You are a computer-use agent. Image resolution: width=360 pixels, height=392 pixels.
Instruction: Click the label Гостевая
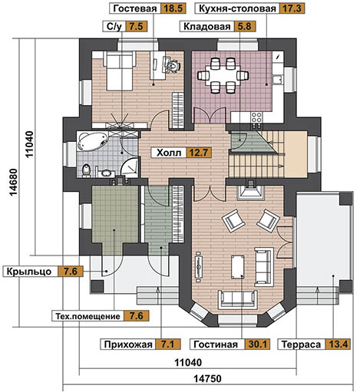134,8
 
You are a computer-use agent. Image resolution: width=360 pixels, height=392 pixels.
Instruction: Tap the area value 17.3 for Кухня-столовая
292,8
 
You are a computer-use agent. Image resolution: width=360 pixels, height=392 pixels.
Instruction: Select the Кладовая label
206,26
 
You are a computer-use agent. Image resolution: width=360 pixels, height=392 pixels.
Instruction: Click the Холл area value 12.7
199,153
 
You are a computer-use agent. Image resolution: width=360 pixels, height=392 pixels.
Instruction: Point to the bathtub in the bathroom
92,141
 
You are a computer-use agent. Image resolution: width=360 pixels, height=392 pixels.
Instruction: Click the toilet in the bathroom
87,170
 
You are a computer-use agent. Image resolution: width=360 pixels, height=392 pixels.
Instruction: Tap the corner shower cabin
130,167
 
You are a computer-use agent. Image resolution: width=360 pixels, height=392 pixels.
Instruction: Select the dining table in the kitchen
223,75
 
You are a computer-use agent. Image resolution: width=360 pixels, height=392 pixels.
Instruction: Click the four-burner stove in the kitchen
256,117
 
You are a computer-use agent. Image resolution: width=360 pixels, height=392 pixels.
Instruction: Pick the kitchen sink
277,79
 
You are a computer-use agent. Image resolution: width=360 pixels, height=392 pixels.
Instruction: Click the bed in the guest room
119,71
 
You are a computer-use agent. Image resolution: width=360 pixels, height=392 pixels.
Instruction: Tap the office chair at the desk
172,65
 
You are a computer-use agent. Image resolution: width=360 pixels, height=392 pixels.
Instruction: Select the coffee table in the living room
238,267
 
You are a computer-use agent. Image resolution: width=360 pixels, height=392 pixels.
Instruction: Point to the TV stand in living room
199,266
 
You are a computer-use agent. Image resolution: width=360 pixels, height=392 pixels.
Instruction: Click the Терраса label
301,344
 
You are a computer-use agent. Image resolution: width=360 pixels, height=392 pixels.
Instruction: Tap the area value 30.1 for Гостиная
257,344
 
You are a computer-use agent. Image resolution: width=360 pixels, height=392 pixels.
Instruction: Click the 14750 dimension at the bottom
207,378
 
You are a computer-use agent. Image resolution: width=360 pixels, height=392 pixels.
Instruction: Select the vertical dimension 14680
14,183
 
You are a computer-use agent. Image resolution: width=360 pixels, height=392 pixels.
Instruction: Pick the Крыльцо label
29,272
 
